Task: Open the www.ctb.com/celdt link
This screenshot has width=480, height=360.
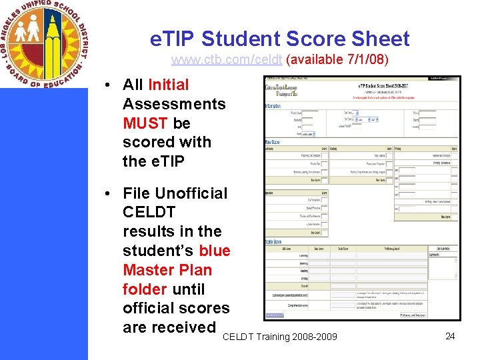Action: [x=227, y=60]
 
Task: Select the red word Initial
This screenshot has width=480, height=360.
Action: [x=168, y=85]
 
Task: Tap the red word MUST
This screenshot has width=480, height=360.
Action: [x=145, y=123]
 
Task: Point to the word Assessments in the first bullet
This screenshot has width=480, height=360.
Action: [x=174, y=104]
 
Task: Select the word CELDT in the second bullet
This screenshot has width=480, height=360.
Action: [x=150, y=213]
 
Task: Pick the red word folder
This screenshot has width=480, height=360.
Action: [x=145, y=289]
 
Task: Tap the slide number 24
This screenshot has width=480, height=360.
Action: [x=450, y=336]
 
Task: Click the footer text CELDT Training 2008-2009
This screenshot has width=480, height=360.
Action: [x=279, y=337]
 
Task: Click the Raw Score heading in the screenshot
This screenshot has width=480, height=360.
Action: [x=272, y=142]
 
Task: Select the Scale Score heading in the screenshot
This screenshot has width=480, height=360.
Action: [x=273, y=241]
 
